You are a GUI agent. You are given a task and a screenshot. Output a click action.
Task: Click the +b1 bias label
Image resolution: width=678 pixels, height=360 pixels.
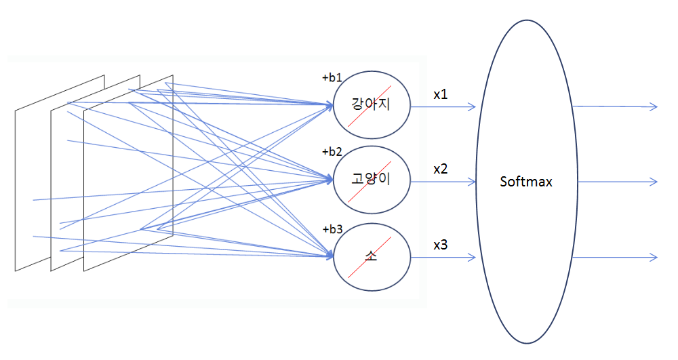pos(332,78)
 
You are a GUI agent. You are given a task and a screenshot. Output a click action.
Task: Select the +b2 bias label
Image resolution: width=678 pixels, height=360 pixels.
pos(332,152)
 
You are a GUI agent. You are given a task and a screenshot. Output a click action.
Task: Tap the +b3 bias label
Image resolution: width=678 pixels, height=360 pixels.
pos(332,229)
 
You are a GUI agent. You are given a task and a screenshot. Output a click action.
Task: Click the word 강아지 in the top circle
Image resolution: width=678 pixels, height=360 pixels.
pos(371,104)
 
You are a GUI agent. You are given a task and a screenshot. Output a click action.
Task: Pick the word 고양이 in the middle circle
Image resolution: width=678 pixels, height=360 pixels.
pos(371,178)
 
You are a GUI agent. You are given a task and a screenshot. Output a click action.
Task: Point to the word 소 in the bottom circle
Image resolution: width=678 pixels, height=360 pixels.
pos(371,256)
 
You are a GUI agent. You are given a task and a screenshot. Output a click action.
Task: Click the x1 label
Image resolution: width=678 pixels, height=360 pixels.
pos(441,94)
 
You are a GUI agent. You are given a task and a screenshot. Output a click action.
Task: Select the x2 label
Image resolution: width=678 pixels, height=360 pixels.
pos(441,169)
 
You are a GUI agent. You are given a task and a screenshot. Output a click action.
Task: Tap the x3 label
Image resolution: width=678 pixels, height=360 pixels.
pos(441,245)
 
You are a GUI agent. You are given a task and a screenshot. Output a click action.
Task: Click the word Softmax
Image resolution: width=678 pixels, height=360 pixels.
pos(526,182)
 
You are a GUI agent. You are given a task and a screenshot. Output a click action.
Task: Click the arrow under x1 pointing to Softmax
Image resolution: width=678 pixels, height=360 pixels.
pos(443,106)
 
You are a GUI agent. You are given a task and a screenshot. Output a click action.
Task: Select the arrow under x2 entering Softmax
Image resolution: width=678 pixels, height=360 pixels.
pos(443,182)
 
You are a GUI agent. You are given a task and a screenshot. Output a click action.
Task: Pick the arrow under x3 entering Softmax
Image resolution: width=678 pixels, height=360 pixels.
pos(443,258)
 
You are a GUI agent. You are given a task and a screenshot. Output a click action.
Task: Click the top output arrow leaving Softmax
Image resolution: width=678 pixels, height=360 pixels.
pos(615,106)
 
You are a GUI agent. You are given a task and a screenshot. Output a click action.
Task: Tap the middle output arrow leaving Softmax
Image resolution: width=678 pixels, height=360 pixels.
pos(618,182)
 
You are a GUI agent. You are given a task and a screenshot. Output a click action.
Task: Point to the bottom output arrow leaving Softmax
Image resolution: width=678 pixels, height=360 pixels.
pos(615,258)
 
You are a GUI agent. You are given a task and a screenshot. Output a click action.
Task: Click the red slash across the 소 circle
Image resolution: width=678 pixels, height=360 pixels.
pos(370,257)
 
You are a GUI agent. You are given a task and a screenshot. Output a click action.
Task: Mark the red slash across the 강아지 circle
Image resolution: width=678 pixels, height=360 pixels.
pos(370,106)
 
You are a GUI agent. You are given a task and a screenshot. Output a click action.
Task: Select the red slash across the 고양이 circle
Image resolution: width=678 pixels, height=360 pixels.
pos(370,182)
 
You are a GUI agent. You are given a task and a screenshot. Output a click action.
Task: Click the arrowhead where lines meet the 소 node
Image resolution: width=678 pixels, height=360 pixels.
pos(330,256)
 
